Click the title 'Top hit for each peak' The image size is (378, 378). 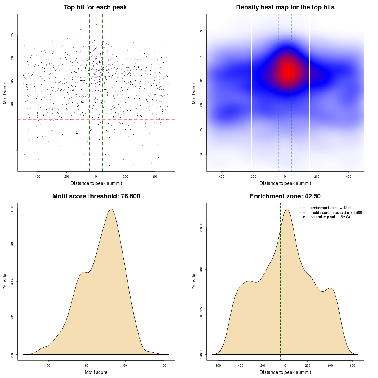point(95,7)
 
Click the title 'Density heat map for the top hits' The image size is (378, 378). point(285,7)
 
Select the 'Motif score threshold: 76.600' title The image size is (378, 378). point(96,196)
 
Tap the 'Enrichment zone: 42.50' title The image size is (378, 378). point(285,196)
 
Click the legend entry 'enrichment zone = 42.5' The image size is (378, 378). point(330,208)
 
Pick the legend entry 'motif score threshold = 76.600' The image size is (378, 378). point(336,212)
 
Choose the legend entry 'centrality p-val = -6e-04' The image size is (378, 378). point(330,217)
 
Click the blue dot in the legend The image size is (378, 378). point(304,217)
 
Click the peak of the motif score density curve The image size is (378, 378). point(111,209)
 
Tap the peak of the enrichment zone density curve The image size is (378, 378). point(286,209)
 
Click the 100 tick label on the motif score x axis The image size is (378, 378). point(164,366)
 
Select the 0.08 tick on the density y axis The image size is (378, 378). point(12,209)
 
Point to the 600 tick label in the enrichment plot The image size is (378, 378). point(352,366)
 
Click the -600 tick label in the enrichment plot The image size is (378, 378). point(218,366)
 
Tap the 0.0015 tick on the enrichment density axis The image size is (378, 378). point(201,227)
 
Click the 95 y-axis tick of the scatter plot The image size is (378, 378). point(12,35)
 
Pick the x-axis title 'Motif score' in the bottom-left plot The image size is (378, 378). point(96,372)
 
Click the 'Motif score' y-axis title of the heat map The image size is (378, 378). point(194,93)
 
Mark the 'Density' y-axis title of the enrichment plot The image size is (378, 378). point(194,281)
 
